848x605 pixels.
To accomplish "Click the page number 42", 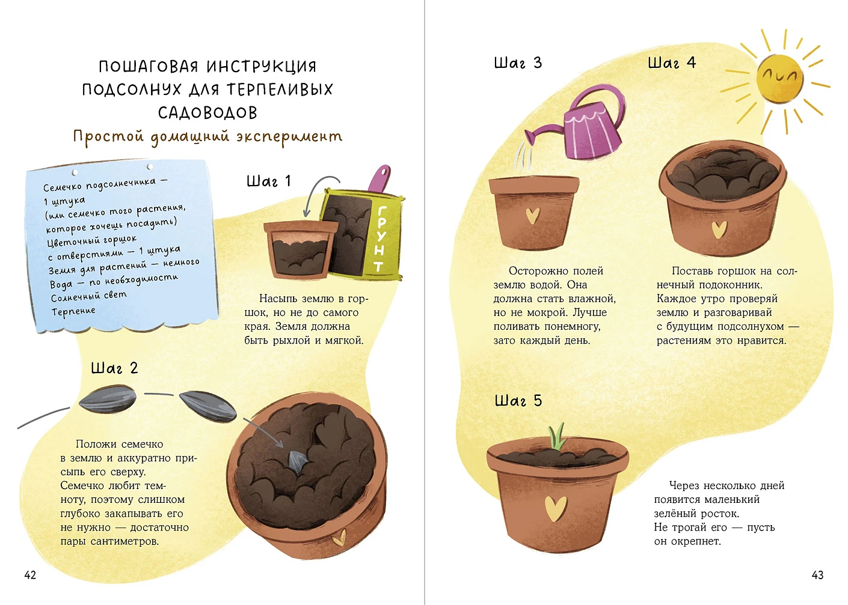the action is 30,575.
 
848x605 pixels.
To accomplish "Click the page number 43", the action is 818,575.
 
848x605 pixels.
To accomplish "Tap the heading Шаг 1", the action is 268,181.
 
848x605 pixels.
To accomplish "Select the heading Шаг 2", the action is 114,368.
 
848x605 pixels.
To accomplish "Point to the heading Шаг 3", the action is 518,62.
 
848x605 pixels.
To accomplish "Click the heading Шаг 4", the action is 672,62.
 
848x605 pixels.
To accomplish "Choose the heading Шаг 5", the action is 518,401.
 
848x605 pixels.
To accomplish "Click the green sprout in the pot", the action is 556,437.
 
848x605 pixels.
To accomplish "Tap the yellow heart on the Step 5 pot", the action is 556,509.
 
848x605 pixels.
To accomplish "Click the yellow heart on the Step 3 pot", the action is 533,216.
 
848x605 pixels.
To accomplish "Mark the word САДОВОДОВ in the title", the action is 207,113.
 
